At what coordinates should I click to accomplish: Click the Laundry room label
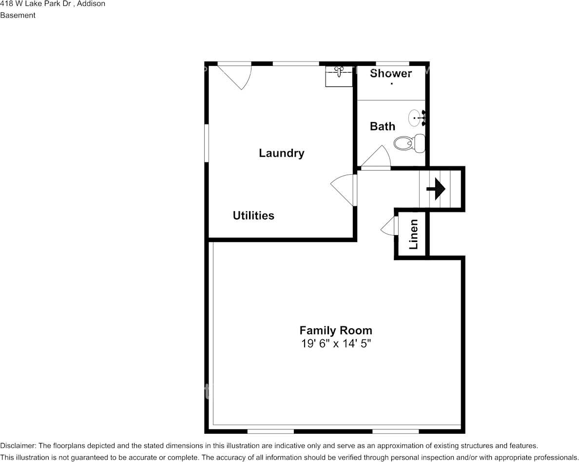[281, 153]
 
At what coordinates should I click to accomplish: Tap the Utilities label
[253, 216]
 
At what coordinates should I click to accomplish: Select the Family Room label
[336, 330]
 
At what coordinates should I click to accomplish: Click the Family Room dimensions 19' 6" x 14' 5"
[336, 343]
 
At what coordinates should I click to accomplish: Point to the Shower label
[391, 74]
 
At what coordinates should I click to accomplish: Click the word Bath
[383, 126]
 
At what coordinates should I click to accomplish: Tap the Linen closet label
[413, 234]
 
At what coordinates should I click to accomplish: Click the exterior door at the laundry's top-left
[235, 75]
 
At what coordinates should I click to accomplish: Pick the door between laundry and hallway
[345, 189]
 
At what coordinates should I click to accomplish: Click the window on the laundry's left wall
[207, 142]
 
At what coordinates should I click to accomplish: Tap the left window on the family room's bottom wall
[270, 431]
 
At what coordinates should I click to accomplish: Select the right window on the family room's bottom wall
[395, 431]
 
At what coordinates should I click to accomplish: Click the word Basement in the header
[18, 15]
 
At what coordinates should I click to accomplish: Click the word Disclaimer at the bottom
[18, 445]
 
